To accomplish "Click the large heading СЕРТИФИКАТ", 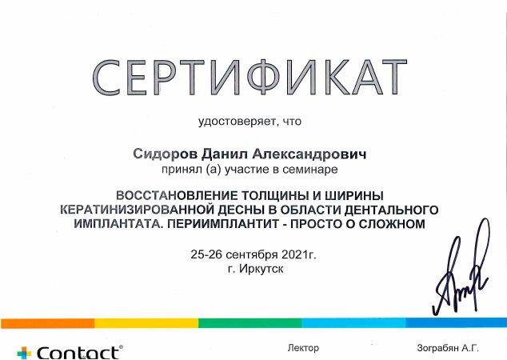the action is [250, 78].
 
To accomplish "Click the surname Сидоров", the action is [165, 154].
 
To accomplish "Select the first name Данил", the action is [224, 154].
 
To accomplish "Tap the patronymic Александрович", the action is [309, 154].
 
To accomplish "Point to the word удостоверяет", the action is [238, 122].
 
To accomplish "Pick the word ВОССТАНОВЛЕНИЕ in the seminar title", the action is [177, 196].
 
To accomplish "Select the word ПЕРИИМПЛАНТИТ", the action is [223, 224].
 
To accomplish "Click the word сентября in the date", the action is [252, 255].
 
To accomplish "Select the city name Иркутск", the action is [261, 269].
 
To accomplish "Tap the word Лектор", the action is [303, 348].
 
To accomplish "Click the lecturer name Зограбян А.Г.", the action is [448, 348].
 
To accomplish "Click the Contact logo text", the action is [78, 353].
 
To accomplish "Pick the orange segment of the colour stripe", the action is [47, 323].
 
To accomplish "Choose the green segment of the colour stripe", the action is [250, 323].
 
